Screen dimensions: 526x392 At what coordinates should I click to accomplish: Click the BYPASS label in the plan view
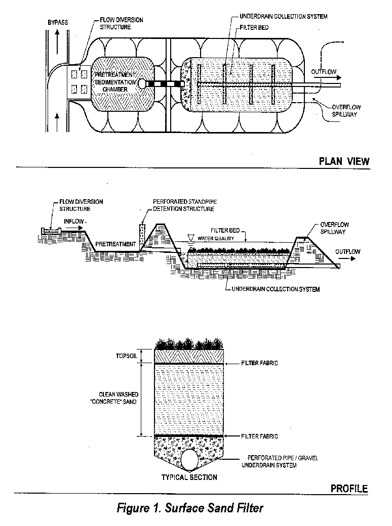(58, 23)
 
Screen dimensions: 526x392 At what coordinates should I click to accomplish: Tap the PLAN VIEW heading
(344, 161)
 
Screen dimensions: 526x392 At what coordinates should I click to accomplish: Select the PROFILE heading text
(349, 489)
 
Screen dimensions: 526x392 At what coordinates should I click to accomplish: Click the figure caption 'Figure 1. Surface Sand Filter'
(190, 507)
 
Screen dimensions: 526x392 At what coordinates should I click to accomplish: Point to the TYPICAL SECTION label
(189, 477)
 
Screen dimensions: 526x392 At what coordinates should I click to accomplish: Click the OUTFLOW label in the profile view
(347, 251)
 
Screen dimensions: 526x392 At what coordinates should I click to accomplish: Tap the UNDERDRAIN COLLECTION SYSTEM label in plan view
(283, 17)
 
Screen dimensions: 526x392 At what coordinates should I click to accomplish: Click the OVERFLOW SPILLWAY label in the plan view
(346, 111)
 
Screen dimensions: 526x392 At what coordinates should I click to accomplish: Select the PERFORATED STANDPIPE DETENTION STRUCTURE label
(183, 205)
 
